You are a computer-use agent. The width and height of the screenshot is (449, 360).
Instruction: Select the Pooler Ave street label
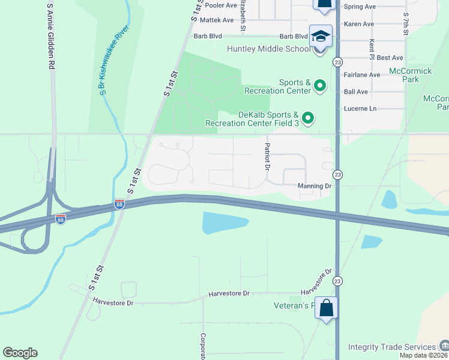coord(221,5)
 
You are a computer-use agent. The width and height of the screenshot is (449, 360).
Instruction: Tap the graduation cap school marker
coord(321,37)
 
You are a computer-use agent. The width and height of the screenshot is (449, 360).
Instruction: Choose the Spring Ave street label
coord(360,7)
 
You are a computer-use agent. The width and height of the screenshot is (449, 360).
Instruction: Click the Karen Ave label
coord(360,25)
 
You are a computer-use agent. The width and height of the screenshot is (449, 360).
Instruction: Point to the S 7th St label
coord(406,23)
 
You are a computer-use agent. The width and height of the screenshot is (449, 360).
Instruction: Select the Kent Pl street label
coord(372,47)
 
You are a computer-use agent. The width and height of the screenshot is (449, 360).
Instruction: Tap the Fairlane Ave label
coord(362,75)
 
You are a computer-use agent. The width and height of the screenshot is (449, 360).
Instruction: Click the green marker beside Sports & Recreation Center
coord(320,86)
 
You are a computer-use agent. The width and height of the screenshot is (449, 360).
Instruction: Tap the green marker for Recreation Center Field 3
coord(308,118)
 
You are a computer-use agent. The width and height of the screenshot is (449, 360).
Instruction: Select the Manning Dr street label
coord(315,187)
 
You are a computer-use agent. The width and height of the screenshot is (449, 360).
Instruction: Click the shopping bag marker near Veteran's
coord(326,308)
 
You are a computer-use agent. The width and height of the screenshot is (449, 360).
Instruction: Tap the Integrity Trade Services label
coord(392,347)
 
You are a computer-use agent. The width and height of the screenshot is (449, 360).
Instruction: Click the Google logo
coord(20,353)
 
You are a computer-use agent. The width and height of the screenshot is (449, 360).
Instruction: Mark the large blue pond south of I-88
coord(223,223)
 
